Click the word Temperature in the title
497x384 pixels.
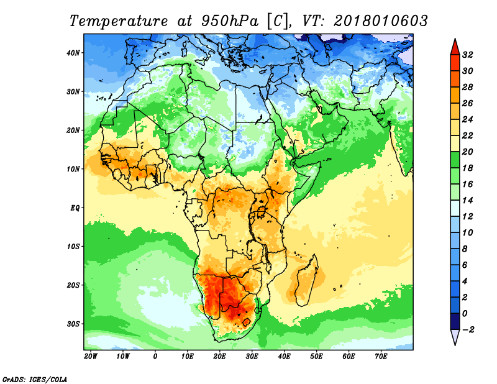point(119,21)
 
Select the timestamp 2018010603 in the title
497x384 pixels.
point(381,21)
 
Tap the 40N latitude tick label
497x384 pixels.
point(73,53)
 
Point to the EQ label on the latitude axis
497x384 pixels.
point(75,208)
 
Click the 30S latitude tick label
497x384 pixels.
point(73,324)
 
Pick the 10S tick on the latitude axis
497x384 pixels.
point(73,247)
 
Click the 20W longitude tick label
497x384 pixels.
point(91,357)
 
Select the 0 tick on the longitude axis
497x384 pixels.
point(155,357)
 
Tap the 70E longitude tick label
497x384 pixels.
point(381,357)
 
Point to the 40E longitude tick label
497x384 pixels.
point(284,357)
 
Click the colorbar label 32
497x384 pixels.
point(468,55)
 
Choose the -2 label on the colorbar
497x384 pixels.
point(467,330)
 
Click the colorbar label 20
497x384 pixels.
point(468,152)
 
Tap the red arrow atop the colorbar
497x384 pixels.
point(455,47)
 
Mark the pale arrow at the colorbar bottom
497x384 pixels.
point(455,337)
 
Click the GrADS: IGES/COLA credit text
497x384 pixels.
point(35,379)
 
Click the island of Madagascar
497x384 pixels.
point(306,281)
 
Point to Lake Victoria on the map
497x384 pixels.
point(261,211)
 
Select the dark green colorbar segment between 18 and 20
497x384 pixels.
point(455,160)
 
